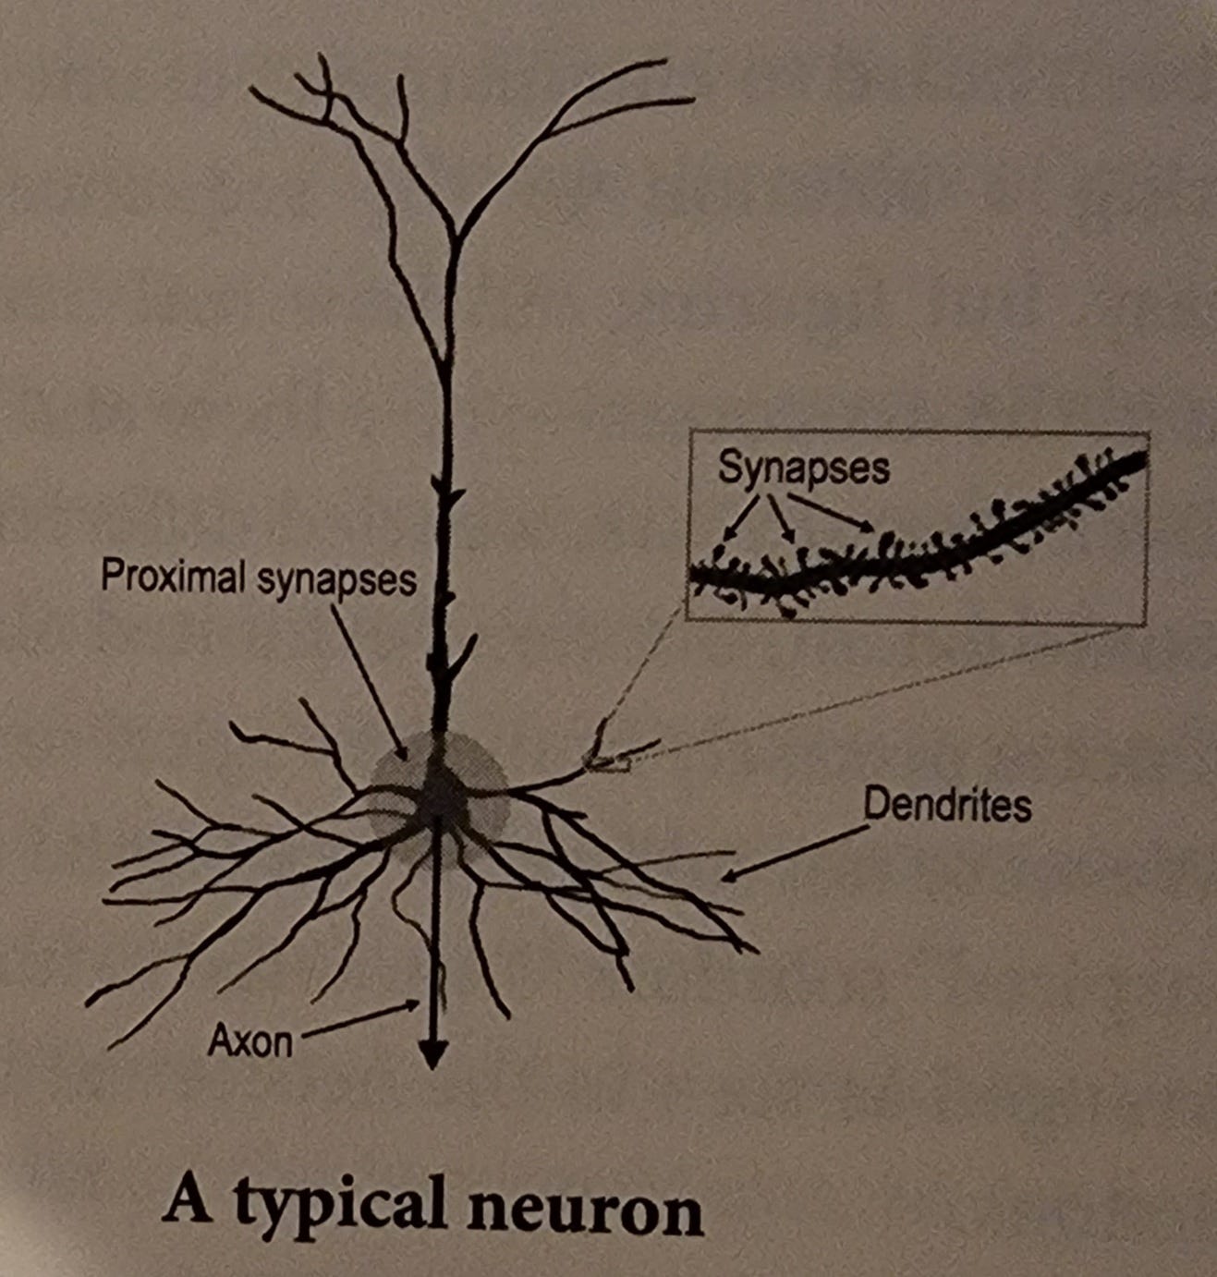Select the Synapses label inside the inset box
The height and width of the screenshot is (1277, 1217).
point(804,469)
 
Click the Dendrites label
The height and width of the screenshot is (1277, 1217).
point(947,806)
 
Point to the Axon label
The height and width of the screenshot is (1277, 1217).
point(250,1042)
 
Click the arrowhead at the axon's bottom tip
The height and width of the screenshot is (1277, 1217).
point(432,1055)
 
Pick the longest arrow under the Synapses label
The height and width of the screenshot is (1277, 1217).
point(831,513)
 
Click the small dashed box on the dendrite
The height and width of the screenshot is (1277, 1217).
point(607,764)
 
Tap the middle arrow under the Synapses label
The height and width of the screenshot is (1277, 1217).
point(781,518)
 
